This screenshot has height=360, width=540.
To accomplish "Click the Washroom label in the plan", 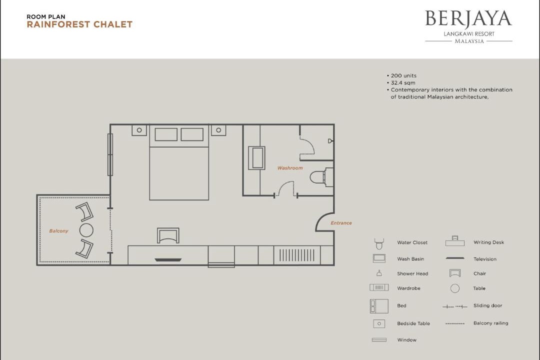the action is [x=290, y=168].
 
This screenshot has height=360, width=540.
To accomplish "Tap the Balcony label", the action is [x=58, y=231].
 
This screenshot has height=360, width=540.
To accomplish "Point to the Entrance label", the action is [x=341, y=223].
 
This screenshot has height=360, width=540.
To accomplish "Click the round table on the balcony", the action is [x=86, y=230].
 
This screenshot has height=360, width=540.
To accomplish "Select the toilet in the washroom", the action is [x=321, y=177].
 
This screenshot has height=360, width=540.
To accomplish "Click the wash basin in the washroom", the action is [x=256, y=158].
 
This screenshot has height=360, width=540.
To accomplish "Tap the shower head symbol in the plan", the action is [x=330, y=141].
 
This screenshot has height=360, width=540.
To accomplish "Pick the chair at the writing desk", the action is [x=168, y=235].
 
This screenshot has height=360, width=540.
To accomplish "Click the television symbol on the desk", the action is [x=168, y=260].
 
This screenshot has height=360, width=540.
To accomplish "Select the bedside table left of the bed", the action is [x=139, y=130].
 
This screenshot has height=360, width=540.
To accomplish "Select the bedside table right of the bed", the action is [x=218, y=130].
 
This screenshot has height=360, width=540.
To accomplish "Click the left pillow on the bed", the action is [x=166, y=134].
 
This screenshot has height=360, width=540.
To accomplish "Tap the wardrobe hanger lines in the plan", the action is [x=297, y=255].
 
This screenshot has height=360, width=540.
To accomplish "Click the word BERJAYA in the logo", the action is [x=468, y=19].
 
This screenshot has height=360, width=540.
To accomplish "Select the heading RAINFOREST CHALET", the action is [x=79, y=24].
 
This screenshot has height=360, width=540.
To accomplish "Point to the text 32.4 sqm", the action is [x=403, y=82].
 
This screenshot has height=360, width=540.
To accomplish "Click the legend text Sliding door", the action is [x=487, y=305].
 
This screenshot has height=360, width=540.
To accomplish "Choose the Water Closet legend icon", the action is [x=379, y=243].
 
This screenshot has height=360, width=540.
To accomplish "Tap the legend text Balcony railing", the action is [x=491, y=323].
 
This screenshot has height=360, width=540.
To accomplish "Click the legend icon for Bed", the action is [x=379, y=306].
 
